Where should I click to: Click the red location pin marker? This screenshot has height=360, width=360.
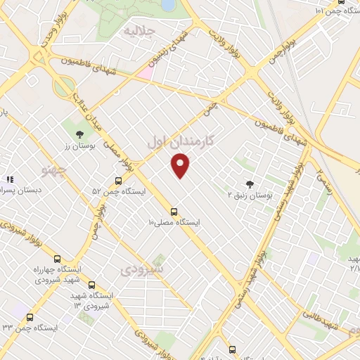181,166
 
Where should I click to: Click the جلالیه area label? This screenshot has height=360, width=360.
139,31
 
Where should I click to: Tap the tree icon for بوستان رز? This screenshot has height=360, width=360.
79,134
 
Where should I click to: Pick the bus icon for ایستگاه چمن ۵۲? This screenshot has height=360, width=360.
118,181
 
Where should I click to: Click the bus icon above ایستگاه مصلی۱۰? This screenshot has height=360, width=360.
174,212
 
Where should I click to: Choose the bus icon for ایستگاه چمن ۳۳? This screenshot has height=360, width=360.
30,317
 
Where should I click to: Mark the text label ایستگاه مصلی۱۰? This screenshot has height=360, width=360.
174,222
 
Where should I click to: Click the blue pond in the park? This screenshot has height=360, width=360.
169,6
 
